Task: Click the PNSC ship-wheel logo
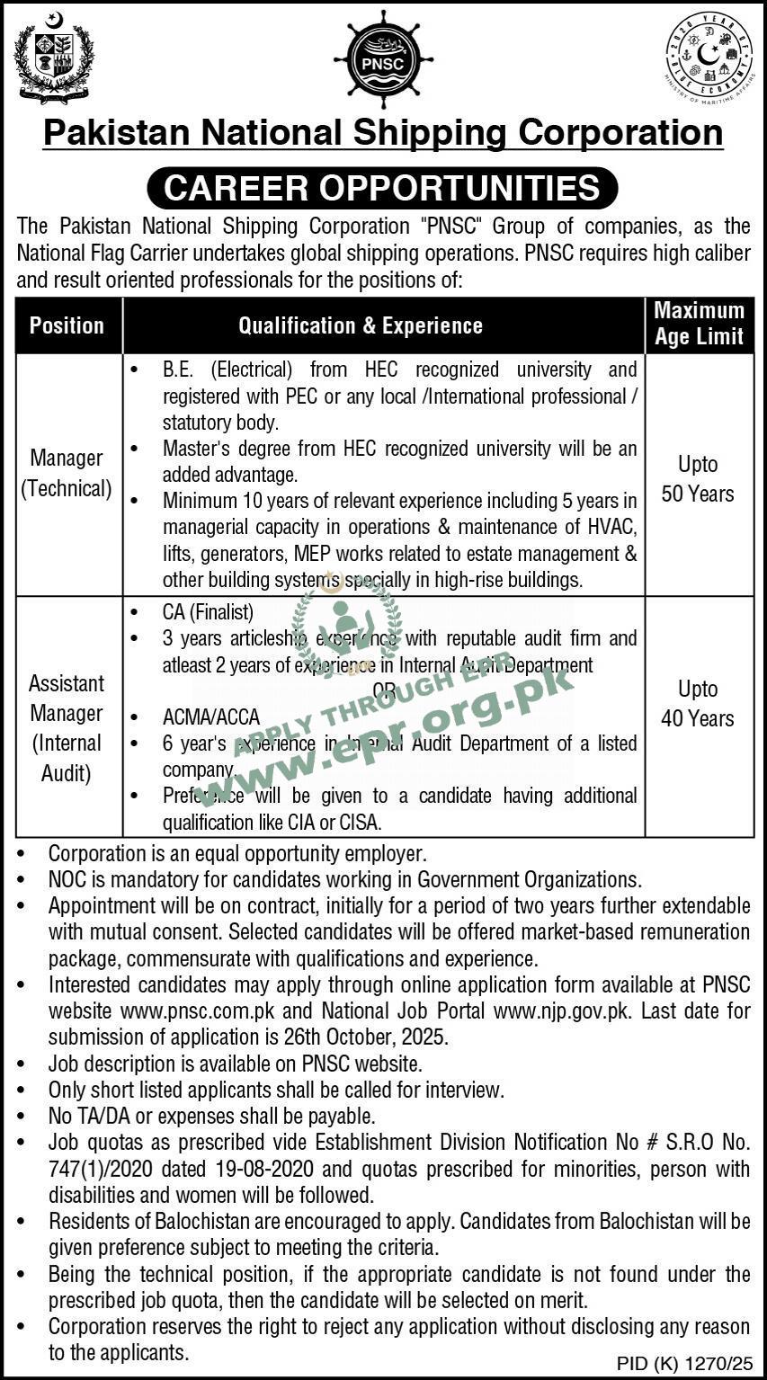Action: (x=382, y=59)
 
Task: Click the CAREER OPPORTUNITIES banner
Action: (x=382, y=188)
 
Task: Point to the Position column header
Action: (x=67, y=325)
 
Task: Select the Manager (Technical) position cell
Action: (x=67, y=473)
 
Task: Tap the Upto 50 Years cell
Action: (x=698, y=479)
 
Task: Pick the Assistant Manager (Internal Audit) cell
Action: (x=67, y=727)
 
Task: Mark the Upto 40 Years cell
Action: (x=698, y=704)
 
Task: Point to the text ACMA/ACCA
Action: (x=211, y=717)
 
